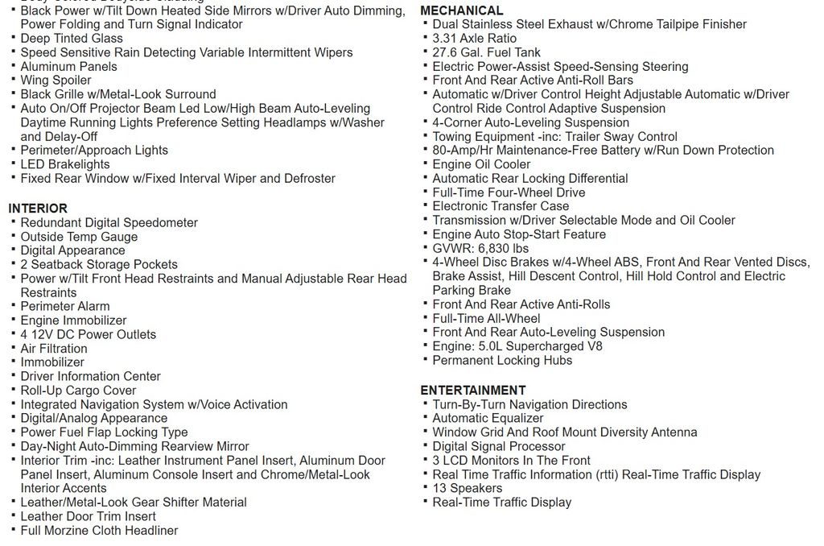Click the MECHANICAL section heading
(461, 10)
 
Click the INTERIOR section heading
(38, 209)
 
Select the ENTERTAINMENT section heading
(472, 391)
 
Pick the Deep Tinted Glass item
(72, 39)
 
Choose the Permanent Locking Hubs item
(502, 360)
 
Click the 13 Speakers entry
(467, 488)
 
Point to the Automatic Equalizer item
(488, 418)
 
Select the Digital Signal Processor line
(498, 446)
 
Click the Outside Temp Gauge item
(79, 237)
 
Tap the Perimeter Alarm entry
(65, 306)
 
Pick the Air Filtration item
(54, 349)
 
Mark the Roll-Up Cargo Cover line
(78, 391)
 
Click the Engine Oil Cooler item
(481, 164)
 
